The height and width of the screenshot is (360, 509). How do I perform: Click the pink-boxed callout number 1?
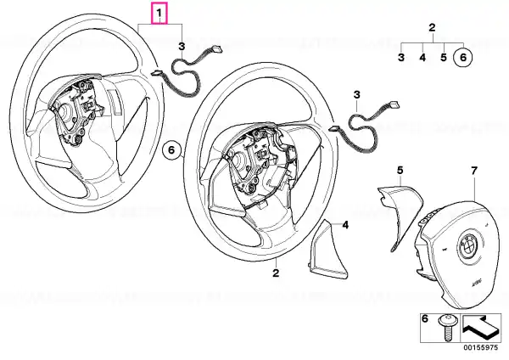(159, 14)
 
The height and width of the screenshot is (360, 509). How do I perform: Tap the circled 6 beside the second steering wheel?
(171, 149)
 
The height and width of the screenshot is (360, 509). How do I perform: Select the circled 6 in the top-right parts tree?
(463, 58)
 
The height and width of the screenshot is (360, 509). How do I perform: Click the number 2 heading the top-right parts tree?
(432, 28)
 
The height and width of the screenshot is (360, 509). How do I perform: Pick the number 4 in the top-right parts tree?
(422, 58)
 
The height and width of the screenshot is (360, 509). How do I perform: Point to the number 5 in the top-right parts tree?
(444, 58)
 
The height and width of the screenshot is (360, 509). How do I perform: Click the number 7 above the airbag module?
(474, 171)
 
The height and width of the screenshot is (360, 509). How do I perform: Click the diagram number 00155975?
(483, 348)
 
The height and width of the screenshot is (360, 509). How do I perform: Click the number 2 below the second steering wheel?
(276, 273)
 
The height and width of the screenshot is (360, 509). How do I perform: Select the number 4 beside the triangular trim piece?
(346, 224)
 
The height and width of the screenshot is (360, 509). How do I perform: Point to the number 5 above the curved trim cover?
(400, 170)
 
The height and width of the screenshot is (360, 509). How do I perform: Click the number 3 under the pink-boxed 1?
(182, 46)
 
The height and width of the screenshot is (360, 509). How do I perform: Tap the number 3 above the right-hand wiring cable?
(357, 95)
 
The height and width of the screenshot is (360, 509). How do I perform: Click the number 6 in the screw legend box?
(425, 319)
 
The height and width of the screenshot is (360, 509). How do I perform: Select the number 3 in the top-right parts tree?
(401, 58)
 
